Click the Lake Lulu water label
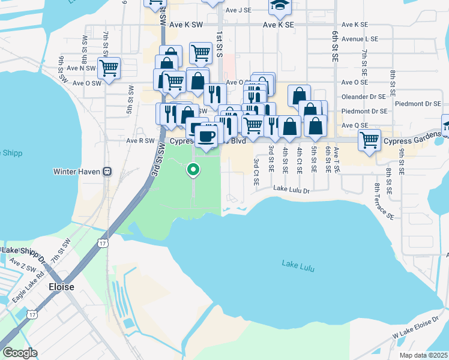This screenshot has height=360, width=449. tap(297, 263)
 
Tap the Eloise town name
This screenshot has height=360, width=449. tap(61, 287)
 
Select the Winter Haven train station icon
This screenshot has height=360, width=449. tap(107, 171)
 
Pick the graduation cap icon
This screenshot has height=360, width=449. tap(278, 5)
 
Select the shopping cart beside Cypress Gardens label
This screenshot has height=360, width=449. tap(369, 140)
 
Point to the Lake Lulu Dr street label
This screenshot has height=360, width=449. tap(291, 190)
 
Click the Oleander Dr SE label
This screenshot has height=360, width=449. tap(363, 96)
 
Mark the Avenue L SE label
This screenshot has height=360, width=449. tap(360, 38)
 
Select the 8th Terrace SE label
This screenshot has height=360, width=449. tap(383, 202)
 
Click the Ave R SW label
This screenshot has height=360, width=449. tap(140, 141)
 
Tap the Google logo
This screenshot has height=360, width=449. tap(20, 352)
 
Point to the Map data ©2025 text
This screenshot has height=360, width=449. tap(423, 355)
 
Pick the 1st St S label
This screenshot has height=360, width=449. tap(220, 46)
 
